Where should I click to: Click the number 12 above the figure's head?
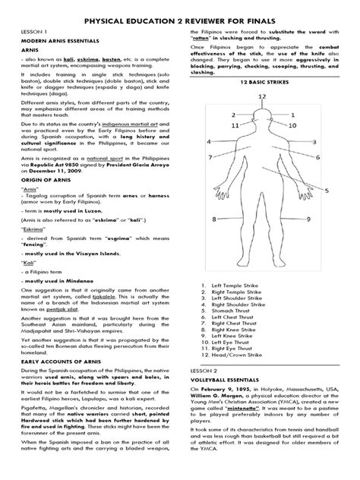coord(261,96)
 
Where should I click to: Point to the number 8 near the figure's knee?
coord(215,219)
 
